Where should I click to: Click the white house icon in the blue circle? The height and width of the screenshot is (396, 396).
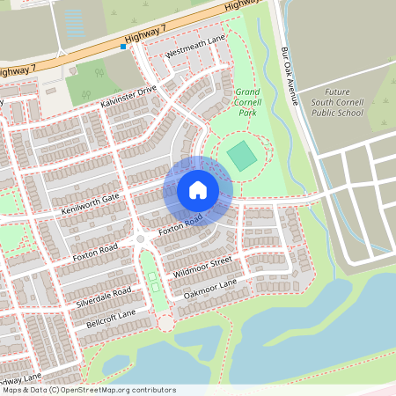tap(198, 189)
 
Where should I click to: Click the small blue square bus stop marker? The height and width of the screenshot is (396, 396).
tap(124, 47)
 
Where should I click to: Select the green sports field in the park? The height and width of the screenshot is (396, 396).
tap(241, 157)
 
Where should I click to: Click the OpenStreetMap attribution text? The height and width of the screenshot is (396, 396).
tap(88, 390)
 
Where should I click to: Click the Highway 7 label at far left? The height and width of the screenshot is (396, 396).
tap(21, 68)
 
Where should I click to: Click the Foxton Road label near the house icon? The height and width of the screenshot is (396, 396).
tap(180, 223)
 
